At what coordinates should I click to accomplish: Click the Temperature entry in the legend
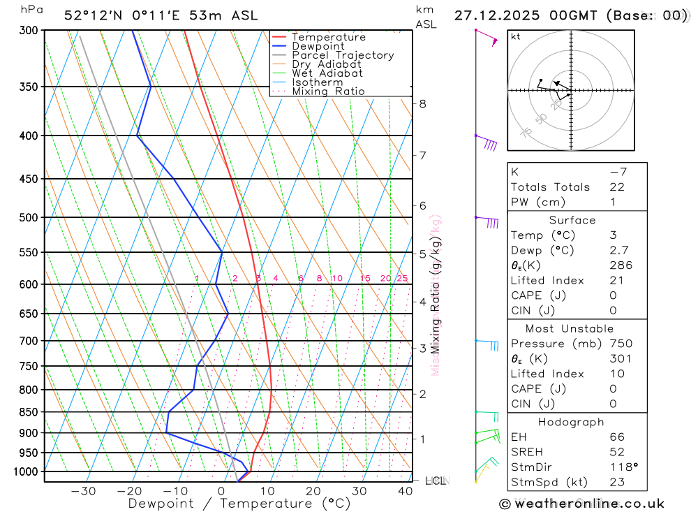pos(328,37)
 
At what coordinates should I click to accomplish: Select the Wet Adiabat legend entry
pos(327,73)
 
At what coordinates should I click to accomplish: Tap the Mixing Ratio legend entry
pos(328,91)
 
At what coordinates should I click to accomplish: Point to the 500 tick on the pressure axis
pos(29,217)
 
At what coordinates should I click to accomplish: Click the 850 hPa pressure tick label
pos(29,412)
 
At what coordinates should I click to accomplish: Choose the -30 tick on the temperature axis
pos(83,491)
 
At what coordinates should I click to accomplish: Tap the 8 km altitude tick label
pos(423,104)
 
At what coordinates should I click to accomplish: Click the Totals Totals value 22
pos(616,187)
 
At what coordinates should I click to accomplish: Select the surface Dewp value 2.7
pos(618,250)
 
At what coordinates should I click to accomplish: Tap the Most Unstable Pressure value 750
pos(621,344)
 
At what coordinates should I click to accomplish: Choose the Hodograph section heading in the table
pos(571,422)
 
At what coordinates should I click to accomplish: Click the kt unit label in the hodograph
pos(516,36)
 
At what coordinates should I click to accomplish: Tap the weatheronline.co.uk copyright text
pos(582,504)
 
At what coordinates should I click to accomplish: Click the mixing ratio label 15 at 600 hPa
pos(365,279)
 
